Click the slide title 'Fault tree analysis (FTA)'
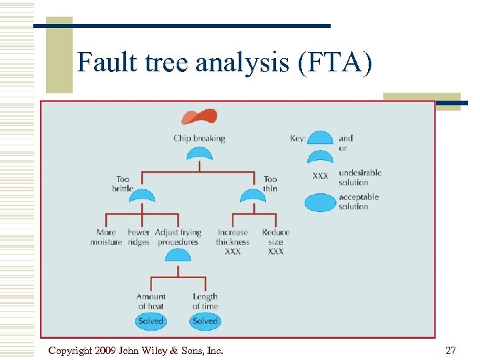(x=225, y=63)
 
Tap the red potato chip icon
(x=199, y=117)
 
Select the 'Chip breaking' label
(x=199, y=139)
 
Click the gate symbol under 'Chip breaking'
(x=199, y=154)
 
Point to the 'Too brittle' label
(x=123, y=183)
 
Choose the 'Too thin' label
(x=270, y=183)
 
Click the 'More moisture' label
(x=106, y=237)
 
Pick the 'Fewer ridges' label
(x=139, y=237)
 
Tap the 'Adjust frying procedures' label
(x=178, y=237)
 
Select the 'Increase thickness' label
(x=233, y=237)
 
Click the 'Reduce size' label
(x=275, y=237)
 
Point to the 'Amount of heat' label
(x=151, y=301)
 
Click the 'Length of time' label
(x=205, y=301)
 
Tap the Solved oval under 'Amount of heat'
(x=151, y=321)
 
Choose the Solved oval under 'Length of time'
(x=205, y=321)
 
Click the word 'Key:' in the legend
(x=298, y=139)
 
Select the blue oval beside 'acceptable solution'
(x=321, y=202)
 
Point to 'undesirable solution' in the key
(x=360, y=177)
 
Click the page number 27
(x=451, y=350)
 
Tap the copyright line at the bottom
(x=136, y=350)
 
